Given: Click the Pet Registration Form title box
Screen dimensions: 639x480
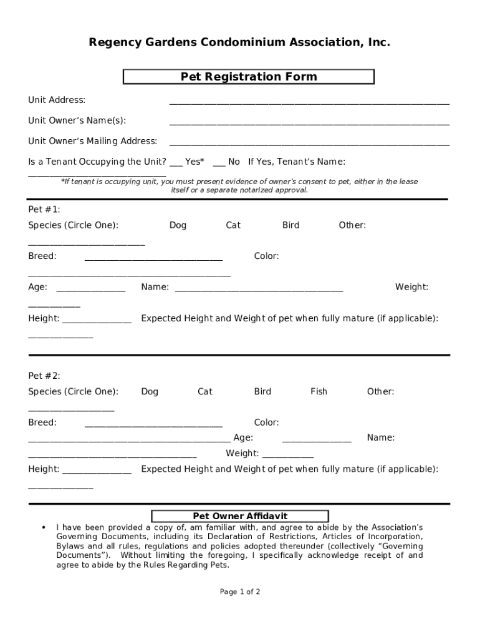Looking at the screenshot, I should point(249,77).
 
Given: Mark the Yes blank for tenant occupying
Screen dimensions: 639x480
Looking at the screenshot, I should point(176,164).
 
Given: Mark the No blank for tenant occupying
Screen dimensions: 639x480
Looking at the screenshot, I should point(219,164).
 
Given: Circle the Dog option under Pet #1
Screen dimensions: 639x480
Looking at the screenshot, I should point(178,225).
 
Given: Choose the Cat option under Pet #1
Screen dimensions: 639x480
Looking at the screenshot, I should point(233,225).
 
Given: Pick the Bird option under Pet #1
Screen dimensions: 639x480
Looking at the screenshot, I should point(290,225).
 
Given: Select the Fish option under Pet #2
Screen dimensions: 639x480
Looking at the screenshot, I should point(319,392).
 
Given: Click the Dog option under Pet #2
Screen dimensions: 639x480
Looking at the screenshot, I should point(150,392).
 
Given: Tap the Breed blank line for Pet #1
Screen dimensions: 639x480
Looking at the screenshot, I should point(153,258).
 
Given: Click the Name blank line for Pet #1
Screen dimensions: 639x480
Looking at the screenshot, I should point(259,290).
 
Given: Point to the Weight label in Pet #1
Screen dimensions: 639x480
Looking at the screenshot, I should point(411,287).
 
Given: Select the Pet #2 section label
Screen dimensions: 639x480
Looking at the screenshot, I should point(44,376).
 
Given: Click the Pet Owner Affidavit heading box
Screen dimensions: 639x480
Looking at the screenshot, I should point(240,516).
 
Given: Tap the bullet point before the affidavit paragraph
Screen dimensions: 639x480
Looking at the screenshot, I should point(43,527).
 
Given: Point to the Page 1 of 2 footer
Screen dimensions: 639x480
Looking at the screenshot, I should point(240,592).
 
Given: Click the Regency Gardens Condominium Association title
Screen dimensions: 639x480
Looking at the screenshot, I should point(239,42).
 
